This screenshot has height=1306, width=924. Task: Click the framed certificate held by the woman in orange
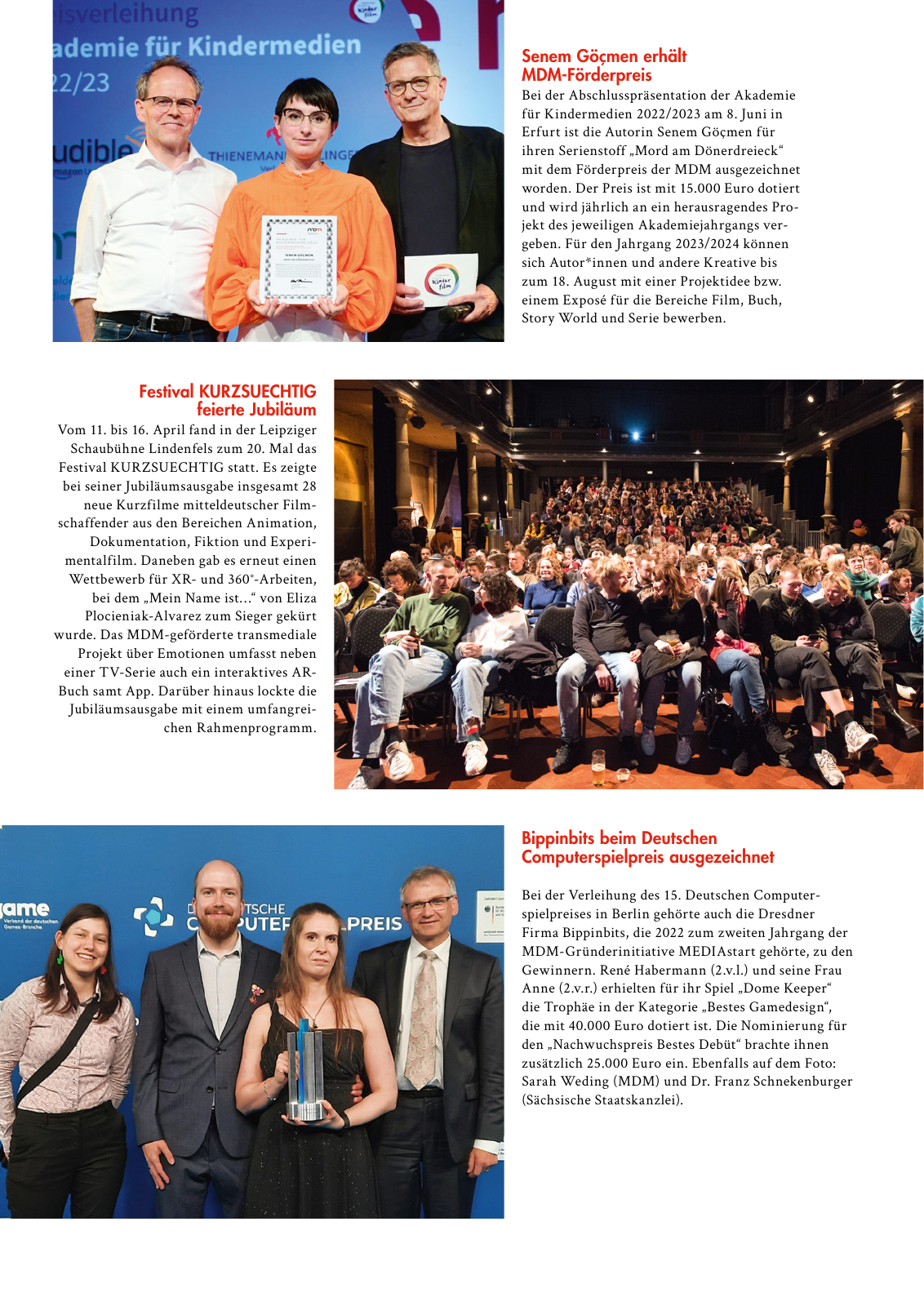[298, 258]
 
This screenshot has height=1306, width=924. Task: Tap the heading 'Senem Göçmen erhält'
[603, 56]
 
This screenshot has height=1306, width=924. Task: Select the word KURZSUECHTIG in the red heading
[257, 392]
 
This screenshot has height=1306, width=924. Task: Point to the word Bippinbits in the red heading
[558, 838]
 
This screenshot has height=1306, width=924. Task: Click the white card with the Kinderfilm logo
[441, 279]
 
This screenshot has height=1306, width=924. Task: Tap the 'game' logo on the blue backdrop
[25, 908]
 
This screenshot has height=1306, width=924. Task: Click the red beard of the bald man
[219, 926]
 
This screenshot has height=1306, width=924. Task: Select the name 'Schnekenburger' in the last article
[802, 1082]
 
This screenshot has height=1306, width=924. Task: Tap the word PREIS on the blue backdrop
[373, 923]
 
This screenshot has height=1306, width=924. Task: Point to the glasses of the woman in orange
[306, 118]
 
